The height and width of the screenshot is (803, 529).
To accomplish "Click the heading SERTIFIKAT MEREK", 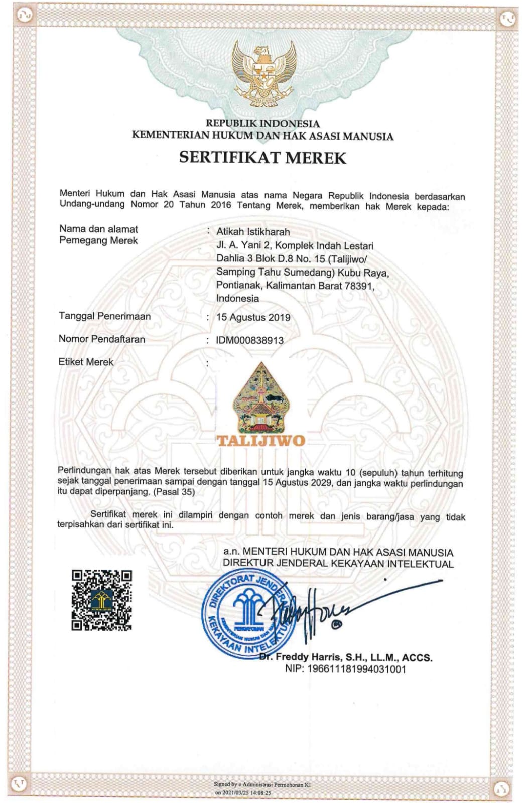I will [262, 158].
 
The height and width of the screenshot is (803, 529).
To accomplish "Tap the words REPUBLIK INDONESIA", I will [262, 123].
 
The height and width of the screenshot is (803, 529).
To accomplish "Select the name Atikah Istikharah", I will [253, 232].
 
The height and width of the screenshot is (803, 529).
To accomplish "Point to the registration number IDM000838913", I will [249, 340].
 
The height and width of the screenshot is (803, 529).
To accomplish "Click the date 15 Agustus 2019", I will [253, 317].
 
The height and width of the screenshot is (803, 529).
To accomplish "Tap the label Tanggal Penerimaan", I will [104, 316].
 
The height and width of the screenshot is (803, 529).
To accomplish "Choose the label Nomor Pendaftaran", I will [101, 339].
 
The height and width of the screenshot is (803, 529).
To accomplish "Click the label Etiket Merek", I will [86, 362].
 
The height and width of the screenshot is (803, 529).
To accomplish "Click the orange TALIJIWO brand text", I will [261, 441].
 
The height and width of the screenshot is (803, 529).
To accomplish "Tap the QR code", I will [102, 600].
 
